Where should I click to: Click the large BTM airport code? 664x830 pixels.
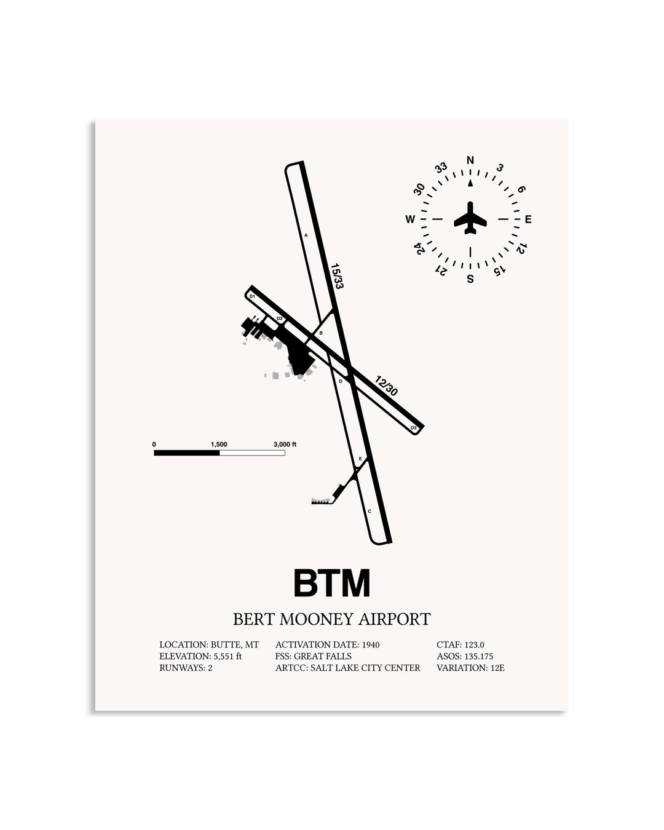332,583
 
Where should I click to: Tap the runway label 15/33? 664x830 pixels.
337,276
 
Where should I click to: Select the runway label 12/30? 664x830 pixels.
386,385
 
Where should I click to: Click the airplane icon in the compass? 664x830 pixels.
470,218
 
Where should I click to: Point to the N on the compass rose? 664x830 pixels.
470,160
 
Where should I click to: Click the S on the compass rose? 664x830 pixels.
470,279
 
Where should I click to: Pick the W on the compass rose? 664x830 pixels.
409,219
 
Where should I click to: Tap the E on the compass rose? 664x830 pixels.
528,219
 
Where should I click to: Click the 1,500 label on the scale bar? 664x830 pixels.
219,445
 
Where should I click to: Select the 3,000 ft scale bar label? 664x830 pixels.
285,445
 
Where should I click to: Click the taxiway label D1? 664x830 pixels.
252,296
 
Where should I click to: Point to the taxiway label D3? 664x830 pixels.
414,428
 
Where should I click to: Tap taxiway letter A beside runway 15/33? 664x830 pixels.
306,235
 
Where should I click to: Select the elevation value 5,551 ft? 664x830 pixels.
227,656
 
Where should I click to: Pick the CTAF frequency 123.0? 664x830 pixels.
474,644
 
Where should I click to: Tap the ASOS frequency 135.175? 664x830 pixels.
479,656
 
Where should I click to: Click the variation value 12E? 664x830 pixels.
497,668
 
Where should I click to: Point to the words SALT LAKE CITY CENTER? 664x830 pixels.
365,668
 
